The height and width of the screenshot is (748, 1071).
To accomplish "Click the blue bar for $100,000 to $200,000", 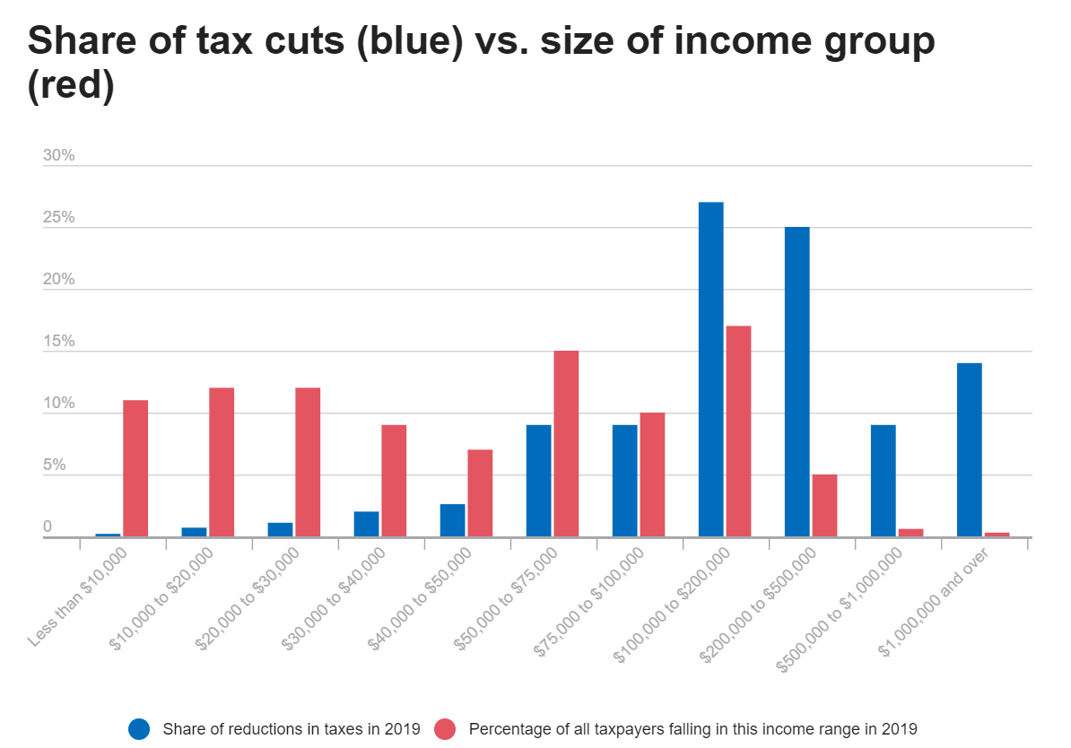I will tap(710, 370).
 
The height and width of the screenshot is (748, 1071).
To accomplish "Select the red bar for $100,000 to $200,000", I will tap(738, 431).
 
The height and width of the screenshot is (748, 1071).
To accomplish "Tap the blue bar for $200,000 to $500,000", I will tap(797, 382).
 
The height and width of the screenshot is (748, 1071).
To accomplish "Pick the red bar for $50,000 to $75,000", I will tap(566, 444).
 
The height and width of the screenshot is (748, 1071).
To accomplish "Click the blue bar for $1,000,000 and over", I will tap(969, 450).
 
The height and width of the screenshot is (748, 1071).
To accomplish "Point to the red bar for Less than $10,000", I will tap(135, 468).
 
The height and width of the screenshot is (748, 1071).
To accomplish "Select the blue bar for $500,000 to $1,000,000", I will tap(883, 481).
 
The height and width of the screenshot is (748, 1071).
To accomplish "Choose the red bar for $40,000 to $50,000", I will tap(480, 493).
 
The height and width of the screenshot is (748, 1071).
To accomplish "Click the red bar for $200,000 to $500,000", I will tap(824, 506).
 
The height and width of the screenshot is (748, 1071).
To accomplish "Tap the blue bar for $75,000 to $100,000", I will tap(624, 481).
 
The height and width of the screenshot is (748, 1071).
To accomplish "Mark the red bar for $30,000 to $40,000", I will tap(394, 481).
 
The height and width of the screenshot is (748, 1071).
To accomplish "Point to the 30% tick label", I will tap(59, 156).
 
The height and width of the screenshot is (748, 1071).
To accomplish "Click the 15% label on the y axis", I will tap(59, 342).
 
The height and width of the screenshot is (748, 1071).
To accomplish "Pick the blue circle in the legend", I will tap(139, 728).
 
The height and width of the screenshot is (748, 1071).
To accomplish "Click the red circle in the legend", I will tap(446, 728).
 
